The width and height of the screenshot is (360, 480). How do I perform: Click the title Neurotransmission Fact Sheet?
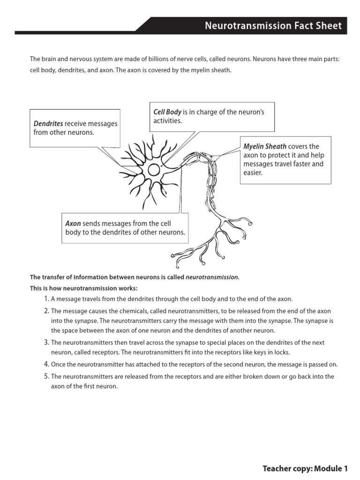point(273,26)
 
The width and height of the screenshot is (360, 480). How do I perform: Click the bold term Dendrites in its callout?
point(48,124)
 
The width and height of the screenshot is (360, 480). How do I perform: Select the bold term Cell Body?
point(167,112)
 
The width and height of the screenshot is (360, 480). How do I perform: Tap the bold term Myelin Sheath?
point(265,146)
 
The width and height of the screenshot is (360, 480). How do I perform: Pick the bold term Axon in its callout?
point(73,224)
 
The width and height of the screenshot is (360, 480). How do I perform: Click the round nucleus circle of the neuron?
point(154,170)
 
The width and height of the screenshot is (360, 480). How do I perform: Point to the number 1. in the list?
point(46,299)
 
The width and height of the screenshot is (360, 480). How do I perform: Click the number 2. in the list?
point(46,311)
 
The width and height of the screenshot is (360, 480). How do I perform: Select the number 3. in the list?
point(46,343)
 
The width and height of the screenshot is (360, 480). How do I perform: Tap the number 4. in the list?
point(46,364)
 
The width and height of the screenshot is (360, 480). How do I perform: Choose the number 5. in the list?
point(46,376)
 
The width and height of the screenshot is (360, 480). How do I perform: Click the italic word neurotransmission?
point(212,277)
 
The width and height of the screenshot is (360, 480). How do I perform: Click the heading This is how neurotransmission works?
point(84,288)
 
